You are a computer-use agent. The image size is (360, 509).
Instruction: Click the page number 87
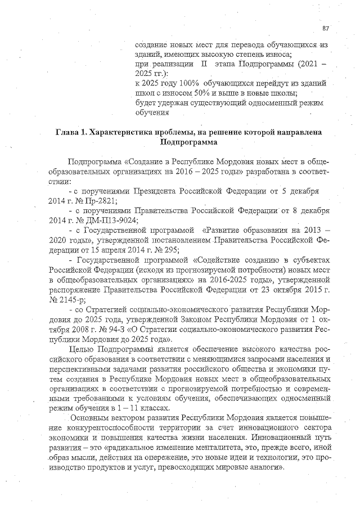[326, 28]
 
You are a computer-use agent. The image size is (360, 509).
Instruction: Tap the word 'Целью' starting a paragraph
[80, 349]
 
